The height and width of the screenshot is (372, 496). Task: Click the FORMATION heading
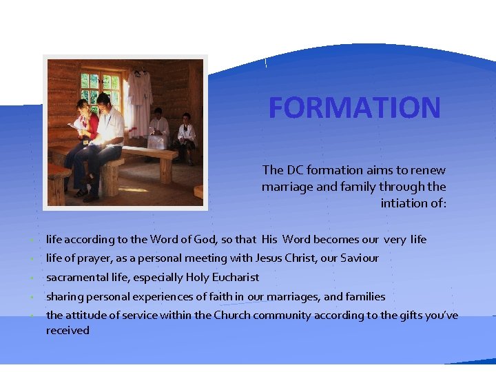pyautogui.click(x=354, y=107)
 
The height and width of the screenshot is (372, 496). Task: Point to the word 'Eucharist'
pyautogui.click(x=235, y=277)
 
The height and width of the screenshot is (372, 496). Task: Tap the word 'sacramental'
pyautogui.click(x=74, y=277)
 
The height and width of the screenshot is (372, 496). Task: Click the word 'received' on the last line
pyautogui.click(x=68, y=330)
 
